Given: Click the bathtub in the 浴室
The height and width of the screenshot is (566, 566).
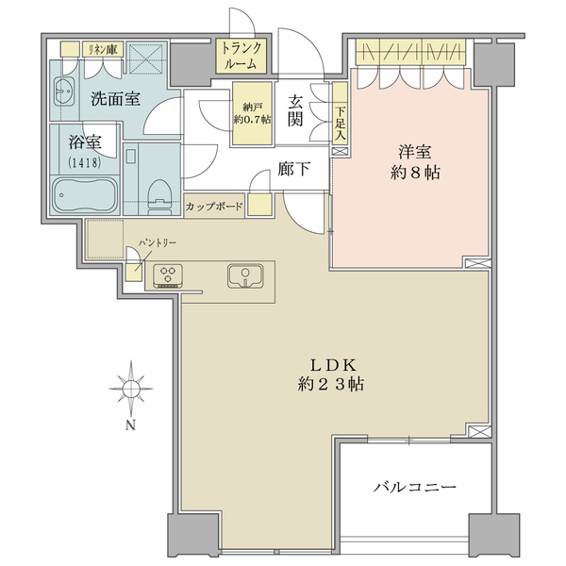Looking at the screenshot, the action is [x=85, y=195].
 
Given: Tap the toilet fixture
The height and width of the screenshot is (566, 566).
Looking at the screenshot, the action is [x=158, y=197].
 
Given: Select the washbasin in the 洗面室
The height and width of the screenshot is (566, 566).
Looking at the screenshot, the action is [x=64, y=92].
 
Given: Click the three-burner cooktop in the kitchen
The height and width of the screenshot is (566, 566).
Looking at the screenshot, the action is [x=168, y=276].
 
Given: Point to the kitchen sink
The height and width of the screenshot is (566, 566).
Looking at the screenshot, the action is [x=246, y=276].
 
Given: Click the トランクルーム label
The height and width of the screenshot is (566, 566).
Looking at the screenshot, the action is [x=241, y=56].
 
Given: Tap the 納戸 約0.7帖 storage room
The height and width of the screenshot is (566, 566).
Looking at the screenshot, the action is [x=252, y=114].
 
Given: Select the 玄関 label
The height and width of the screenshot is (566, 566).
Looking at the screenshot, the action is [x=294, y=111].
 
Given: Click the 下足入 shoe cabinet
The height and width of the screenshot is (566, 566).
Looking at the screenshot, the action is [x=340, y=113].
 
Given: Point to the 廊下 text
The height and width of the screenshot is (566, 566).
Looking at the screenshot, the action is [x=293, y=169].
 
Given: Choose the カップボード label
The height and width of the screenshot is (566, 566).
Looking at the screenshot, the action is [x=214, y=207].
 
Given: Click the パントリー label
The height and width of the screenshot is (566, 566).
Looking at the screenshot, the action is [x=158, y=242].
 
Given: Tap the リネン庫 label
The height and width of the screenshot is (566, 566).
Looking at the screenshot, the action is [x=103, y=49].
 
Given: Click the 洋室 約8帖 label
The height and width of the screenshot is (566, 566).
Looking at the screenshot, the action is [x=415, y=162].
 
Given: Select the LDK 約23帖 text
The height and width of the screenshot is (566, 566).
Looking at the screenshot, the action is [x=331, y=375].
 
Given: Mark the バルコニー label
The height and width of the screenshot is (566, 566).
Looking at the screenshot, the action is [x=415, y=488].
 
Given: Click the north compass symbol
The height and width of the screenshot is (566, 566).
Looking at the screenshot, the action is [x=131, y=389].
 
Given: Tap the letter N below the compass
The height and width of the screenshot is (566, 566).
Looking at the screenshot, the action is [x=131, y=425].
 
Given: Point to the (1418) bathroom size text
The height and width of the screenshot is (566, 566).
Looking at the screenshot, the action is [x=85, y=163].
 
